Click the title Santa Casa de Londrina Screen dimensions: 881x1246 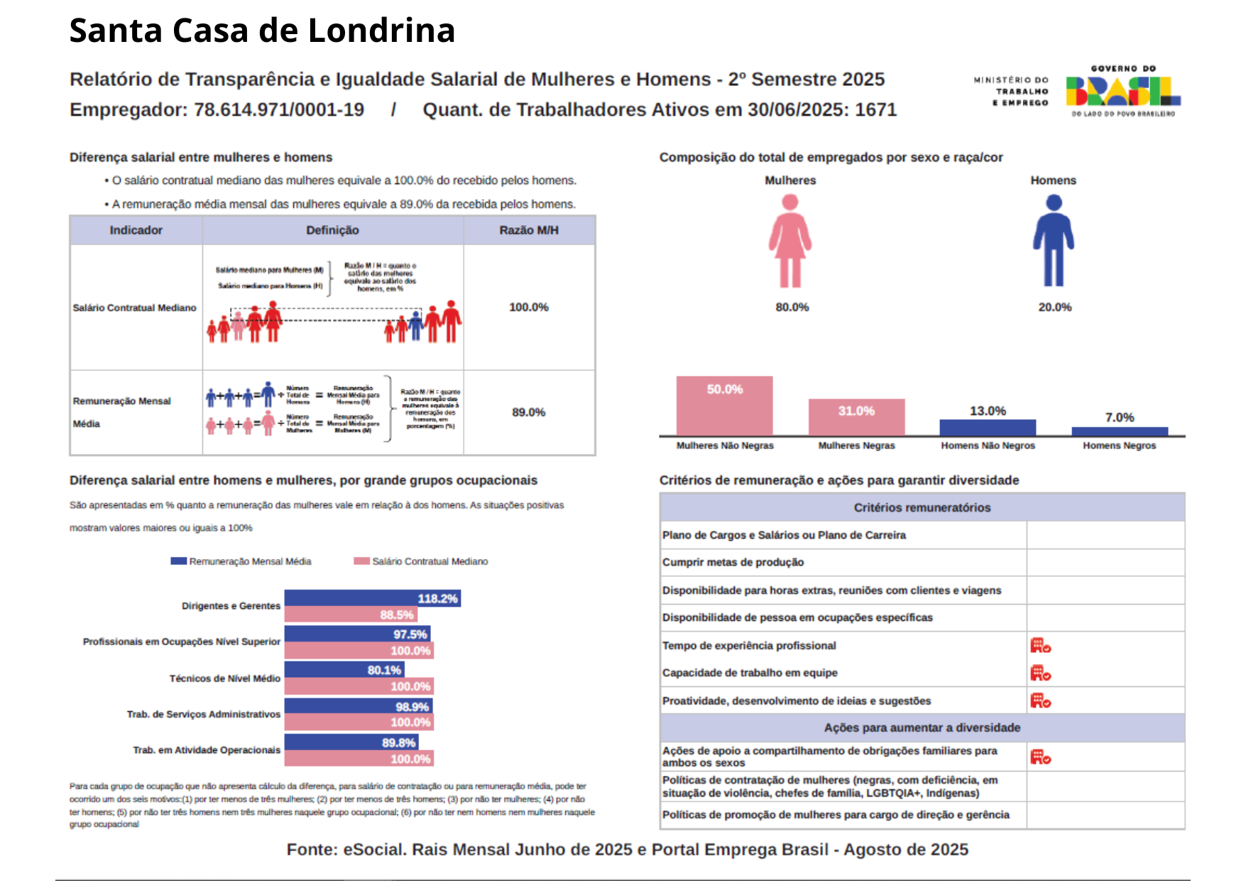[x=262, y=31]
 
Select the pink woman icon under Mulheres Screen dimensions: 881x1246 [x=789, y=242]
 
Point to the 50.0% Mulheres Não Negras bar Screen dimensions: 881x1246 [x=724, y=406]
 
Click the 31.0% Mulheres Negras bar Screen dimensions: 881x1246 [x=856, y=417]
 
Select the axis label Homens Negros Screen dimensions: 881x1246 [x=1119, y=445]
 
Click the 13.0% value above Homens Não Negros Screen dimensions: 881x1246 [x=988, y=411]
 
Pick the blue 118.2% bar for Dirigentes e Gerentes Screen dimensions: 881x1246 [x=372, y=598]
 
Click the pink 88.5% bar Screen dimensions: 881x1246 [x=351, y=615]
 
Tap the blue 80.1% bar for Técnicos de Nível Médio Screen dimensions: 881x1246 [x=344, y=669]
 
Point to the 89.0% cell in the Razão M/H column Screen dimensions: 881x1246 [x=528, y=412]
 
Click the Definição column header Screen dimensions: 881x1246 [x=332, y=230]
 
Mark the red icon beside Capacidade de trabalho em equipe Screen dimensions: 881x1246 [x=1040, y=673]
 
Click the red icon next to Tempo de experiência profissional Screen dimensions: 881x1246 [x=1040, y=645]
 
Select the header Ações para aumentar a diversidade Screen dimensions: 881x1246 [x=922, y=728]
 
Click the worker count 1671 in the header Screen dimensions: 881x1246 [x=875, y=109]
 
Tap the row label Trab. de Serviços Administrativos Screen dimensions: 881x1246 [x=204, y=714]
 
